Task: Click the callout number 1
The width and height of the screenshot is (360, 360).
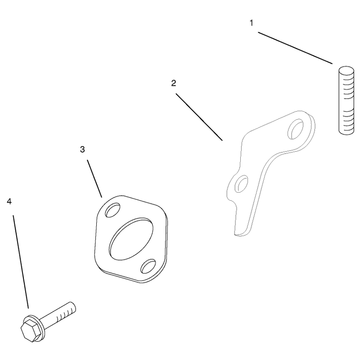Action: (252, 23)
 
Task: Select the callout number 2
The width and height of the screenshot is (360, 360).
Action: (174, 83)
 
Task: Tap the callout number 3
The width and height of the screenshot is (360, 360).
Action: (82, 149)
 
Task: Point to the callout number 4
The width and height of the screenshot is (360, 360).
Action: (9, 202)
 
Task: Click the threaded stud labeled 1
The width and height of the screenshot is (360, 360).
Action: (346, 100)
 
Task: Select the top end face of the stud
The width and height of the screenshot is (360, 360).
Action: (346, 70)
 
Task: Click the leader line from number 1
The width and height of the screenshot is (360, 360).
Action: (295, 48)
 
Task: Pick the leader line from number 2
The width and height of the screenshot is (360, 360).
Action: (199, 117)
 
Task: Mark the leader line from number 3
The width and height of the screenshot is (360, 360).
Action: (94, 179)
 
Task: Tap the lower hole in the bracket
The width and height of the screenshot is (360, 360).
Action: (241, 184)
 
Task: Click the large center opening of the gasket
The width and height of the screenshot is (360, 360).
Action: (131, 237)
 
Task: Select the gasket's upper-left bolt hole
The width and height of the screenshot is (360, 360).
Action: (112, 210)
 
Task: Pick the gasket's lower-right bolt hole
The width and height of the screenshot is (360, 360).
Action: (148, 266)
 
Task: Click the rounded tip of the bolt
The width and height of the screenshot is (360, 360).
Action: (73, 307)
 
